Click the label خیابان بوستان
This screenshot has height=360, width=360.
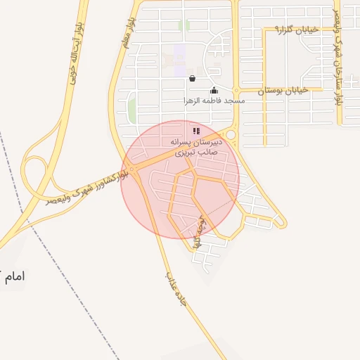pyautogui.click(x=282, y=91)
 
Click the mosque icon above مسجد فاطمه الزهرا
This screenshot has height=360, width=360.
pyautogui.click(x=214, y=90)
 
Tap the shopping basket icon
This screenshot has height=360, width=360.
pyautogui.click(x=193, y=79)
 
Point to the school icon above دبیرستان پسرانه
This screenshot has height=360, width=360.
pyautogui.click(x=197, y=130)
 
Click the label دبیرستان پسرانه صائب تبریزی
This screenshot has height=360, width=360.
pyautogui.click(x=197, y=146)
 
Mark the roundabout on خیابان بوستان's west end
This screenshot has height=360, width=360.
pyautogui.click(x=237, y=91)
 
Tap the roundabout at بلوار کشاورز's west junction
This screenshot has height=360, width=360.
pyautogui.click(x=132, y=169)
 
